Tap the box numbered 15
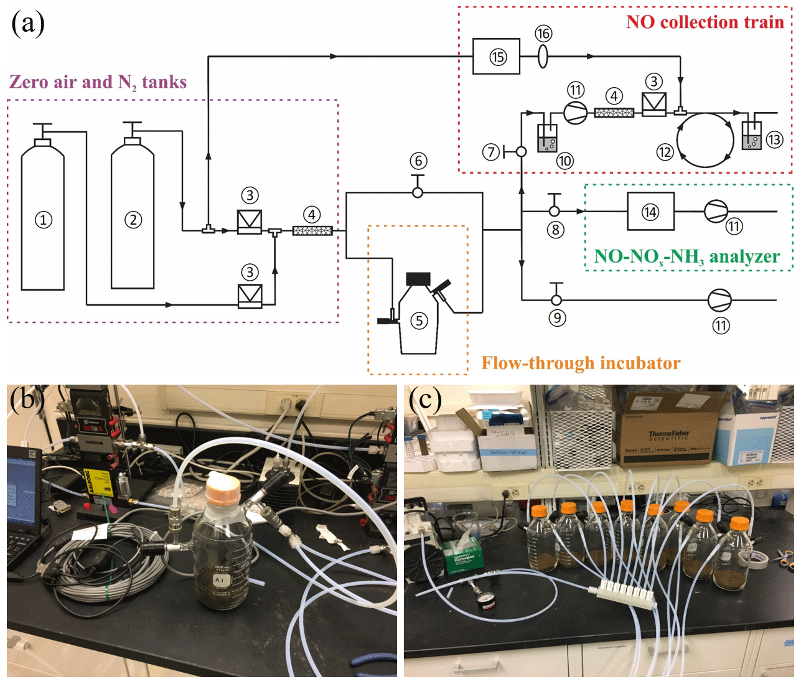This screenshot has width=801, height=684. coord(496,57)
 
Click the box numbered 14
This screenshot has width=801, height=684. coord(650,212)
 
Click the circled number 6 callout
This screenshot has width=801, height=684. coord(418,161)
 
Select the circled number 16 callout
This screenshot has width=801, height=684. coord(543,34)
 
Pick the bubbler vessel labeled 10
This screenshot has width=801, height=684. coord(547,139)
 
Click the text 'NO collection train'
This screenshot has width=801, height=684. coord(705,22)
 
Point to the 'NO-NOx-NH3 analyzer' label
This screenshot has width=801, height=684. coord(686,256)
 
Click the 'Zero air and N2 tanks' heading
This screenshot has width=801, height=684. coord(98,82)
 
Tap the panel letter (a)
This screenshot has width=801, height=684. coord(27,24)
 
